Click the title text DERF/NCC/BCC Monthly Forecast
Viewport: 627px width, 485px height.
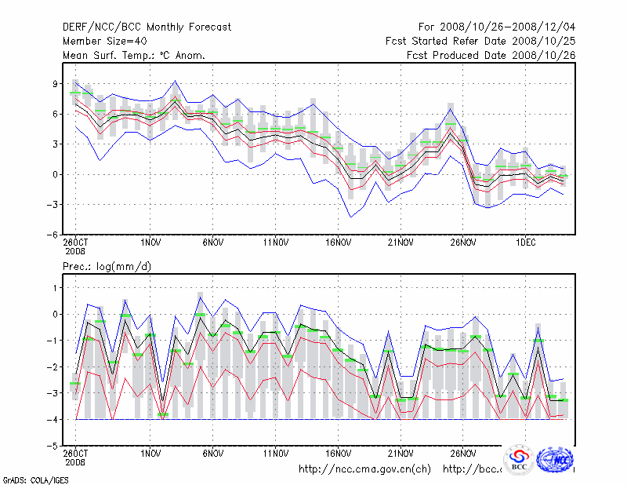(147, 27)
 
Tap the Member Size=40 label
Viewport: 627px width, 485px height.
(103, 42)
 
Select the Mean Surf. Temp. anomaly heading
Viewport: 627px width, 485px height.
(134, 56)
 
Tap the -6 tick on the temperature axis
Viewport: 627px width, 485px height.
(54, 235)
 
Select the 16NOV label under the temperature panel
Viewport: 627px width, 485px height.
(338, 243)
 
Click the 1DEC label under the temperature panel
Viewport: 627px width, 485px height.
(525, 243)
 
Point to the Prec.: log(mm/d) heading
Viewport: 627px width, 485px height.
(107, 267)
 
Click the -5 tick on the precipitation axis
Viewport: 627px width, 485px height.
(54, 446)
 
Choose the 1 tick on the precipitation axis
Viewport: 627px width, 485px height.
(56, 288)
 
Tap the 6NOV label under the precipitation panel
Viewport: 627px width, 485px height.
(213, 454)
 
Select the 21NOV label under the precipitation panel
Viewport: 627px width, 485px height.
(400, 454)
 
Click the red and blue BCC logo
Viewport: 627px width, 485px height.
(518, 461)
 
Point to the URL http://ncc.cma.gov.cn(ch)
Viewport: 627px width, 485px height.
(364, 469)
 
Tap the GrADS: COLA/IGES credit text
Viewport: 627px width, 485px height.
(25, 479)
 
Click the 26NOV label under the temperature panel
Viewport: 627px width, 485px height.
(463, 243)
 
